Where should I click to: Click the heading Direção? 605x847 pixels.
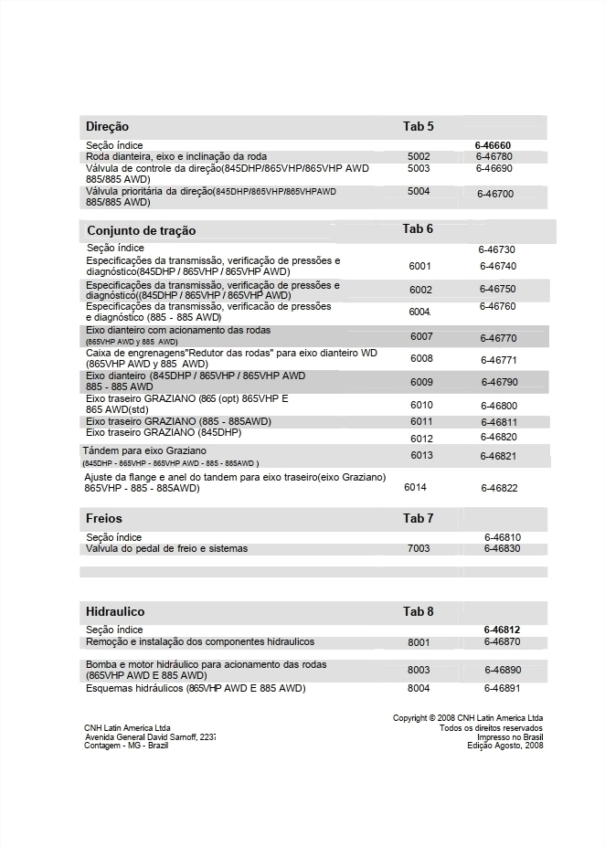107,126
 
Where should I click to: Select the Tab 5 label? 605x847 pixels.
419,126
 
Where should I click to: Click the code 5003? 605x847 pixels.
419,168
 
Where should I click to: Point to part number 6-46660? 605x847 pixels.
493,145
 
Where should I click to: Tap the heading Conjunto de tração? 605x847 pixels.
141,230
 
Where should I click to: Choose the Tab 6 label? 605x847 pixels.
418,228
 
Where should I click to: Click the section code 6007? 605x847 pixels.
421,336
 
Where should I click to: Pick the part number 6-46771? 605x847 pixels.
498,360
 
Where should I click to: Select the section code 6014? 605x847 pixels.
415,487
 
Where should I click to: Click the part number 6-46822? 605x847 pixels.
499,488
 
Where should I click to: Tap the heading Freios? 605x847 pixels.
103,518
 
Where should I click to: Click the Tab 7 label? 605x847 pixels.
419,518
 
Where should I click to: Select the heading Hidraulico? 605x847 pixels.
115,611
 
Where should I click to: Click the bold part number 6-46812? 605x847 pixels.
502,630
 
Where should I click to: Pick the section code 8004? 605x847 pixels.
419,688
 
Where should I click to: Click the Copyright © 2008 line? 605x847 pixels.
468,718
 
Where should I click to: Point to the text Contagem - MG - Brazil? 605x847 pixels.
126,746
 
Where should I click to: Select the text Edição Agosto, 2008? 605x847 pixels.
505,746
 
